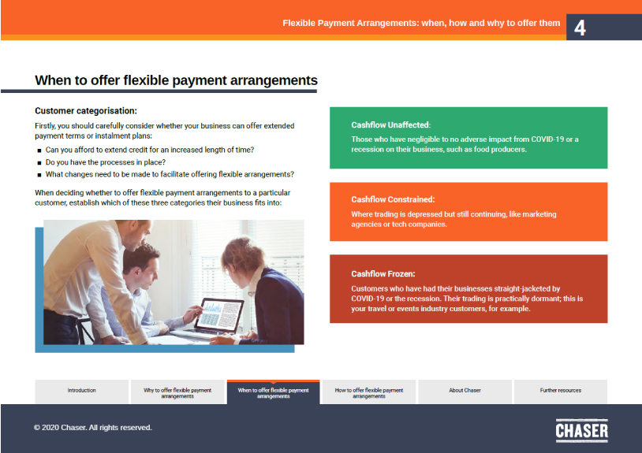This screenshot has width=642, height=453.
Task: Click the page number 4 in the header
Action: [x=580, y=28]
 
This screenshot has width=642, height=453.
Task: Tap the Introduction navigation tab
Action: [x=81, y=391]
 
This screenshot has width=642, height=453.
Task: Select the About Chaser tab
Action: [x=465, y=391]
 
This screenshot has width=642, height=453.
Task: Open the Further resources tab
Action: [x=560, y=391]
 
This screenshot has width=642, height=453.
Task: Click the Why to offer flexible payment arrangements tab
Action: [x=177, y=392]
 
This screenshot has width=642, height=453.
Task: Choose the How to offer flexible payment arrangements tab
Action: [x=368, y=392]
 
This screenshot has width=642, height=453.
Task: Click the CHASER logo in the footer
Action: [x=581, y=430]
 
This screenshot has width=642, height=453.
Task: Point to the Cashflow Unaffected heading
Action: [x=390, y=124]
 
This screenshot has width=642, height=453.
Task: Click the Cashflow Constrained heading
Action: [x=393, y=199]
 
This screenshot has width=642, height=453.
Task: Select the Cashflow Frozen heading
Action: [x=383, y=274]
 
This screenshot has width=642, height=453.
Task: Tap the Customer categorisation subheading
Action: [x=86, y=111]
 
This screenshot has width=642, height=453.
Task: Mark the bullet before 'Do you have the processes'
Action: [x=39, y=162]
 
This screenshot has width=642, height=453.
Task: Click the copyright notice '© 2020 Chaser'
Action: [x=92, y=428]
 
